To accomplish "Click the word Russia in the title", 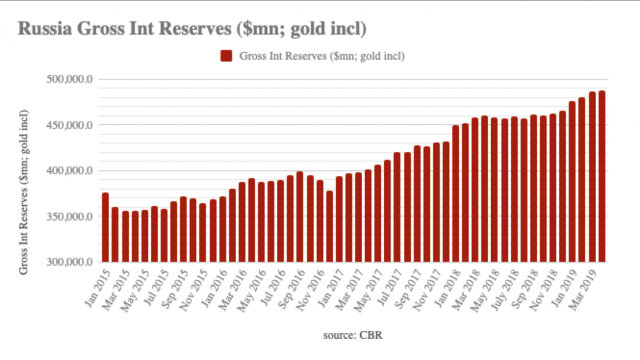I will [45, 29].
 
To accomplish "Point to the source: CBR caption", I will [352, 336].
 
